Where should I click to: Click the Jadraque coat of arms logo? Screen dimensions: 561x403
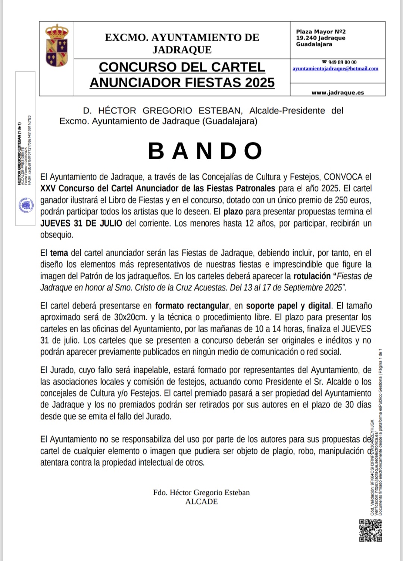click(57, 46)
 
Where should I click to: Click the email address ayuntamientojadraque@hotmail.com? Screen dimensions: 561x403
click(335, 69)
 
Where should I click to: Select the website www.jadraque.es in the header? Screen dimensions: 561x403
click(338, 93)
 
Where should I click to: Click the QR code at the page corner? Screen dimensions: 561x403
click(371, 530)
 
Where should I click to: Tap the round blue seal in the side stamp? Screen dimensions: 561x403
click(26, 206)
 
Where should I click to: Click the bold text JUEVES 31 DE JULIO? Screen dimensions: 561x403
click(81, 224)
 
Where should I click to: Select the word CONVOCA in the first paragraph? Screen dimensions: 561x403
click(343, 177)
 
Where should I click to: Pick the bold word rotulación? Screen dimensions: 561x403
click(312, 276)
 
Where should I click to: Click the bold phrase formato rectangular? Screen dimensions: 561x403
click(192, 306)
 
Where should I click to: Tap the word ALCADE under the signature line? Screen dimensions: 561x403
click(201, 502)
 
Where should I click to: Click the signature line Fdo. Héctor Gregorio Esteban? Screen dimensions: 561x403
click(201, 493)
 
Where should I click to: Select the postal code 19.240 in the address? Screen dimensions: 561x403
click(306, 38)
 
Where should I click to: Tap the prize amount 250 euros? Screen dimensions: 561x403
click(353, 200)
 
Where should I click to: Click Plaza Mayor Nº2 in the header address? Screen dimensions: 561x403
click(321, 32)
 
